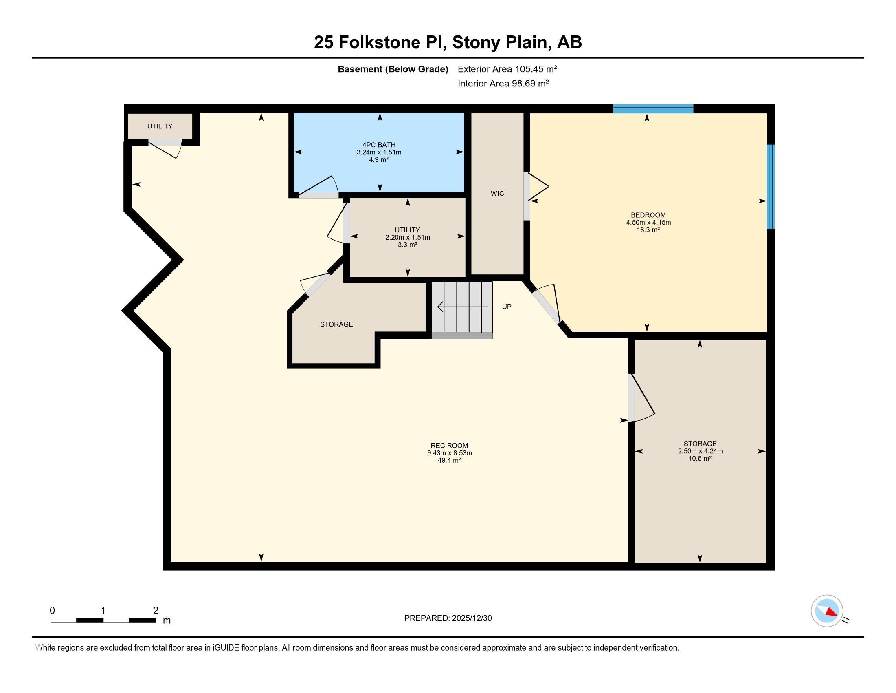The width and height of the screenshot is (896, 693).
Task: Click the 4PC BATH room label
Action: click(379, 145)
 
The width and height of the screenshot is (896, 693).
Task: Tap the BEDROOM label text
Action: click(648, 215)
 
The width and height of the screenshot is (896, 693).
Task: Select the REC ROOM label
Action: click(449, 446)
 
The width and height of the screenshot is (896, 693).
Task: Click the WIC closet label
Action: click(497, 193)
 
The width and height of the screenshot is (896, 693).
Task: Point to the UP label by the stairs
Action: click(507, 307)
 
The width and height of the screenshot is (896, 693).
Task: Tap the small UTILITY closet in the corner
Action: click(160, 126)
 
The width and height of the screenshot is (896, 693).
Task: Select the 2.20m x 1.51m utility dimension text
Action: click(407, 237)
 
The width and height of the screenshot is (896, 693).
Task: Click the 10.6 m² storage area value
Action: click(700, 459)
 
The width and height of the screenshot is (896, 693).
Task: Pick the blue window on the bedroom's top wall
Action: click(653, 109)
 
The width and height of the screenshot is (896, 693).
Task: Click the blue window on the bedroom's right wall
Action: click(771, 186)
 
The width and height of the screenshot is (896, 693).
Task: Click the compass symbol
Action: click(827, 611)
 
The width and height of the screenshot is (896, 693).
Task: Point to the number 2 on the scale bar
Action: click(156, 611)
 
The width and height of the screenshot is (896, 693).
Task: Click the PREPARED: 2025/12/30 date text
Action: click(448, 618)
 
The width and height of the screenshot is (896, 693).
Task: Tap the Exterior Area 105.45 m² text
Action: click(507, 69)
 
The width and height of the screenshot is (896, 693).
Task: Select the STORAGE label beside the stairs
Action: click(336, 324)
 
